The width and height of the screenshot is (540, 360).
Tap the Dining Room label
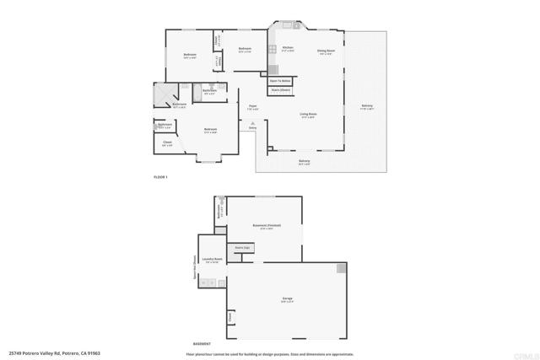point(327,51)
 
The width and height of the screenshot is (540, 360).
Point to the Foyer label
point(252,106)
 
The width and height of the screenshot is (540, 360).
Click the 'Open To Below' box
point(280,81)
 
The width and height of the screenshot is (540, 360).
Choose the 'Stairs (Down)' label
point(281,89)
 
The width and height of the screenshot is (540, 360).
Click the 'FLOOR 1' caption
point(161,178)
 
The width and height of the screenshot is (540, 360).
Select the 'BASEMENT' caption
point(202,345)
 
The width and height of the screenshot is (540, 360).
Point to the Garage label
point(287,299)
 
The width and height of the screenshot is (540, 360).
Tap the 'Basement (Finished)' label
point(267,226)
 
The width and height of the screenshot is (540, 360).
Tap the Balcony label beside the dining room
point(367,106)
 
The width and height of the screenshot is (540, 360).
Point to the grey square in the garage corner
point(341,268)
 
